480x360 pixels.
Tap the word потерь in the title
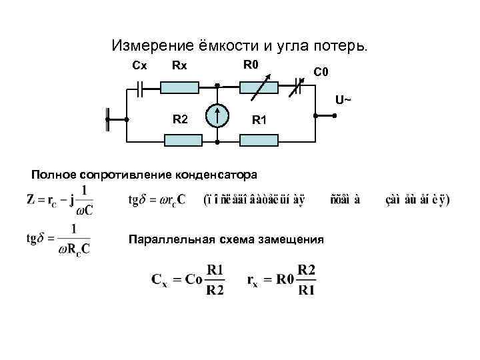click(339, 46)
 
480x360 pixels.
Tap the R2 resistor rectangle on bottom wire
click(183, 141)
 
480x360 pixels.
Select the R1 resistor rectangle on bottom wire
click(259, 141)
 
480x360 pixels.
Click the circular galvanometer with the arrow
click(217, 115)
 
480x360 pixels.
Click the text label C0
click(321, 71)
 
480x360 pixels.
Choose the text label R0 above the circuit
click(251, 64)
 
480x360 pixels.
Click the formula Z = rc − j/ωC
click(58, 200)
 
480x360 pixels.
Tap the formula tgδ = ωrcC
click(157, 200)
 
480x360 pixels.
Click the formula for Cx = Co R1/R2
click(188, 280)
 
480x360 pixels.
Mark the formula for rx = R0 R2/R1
click(281, 280)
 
